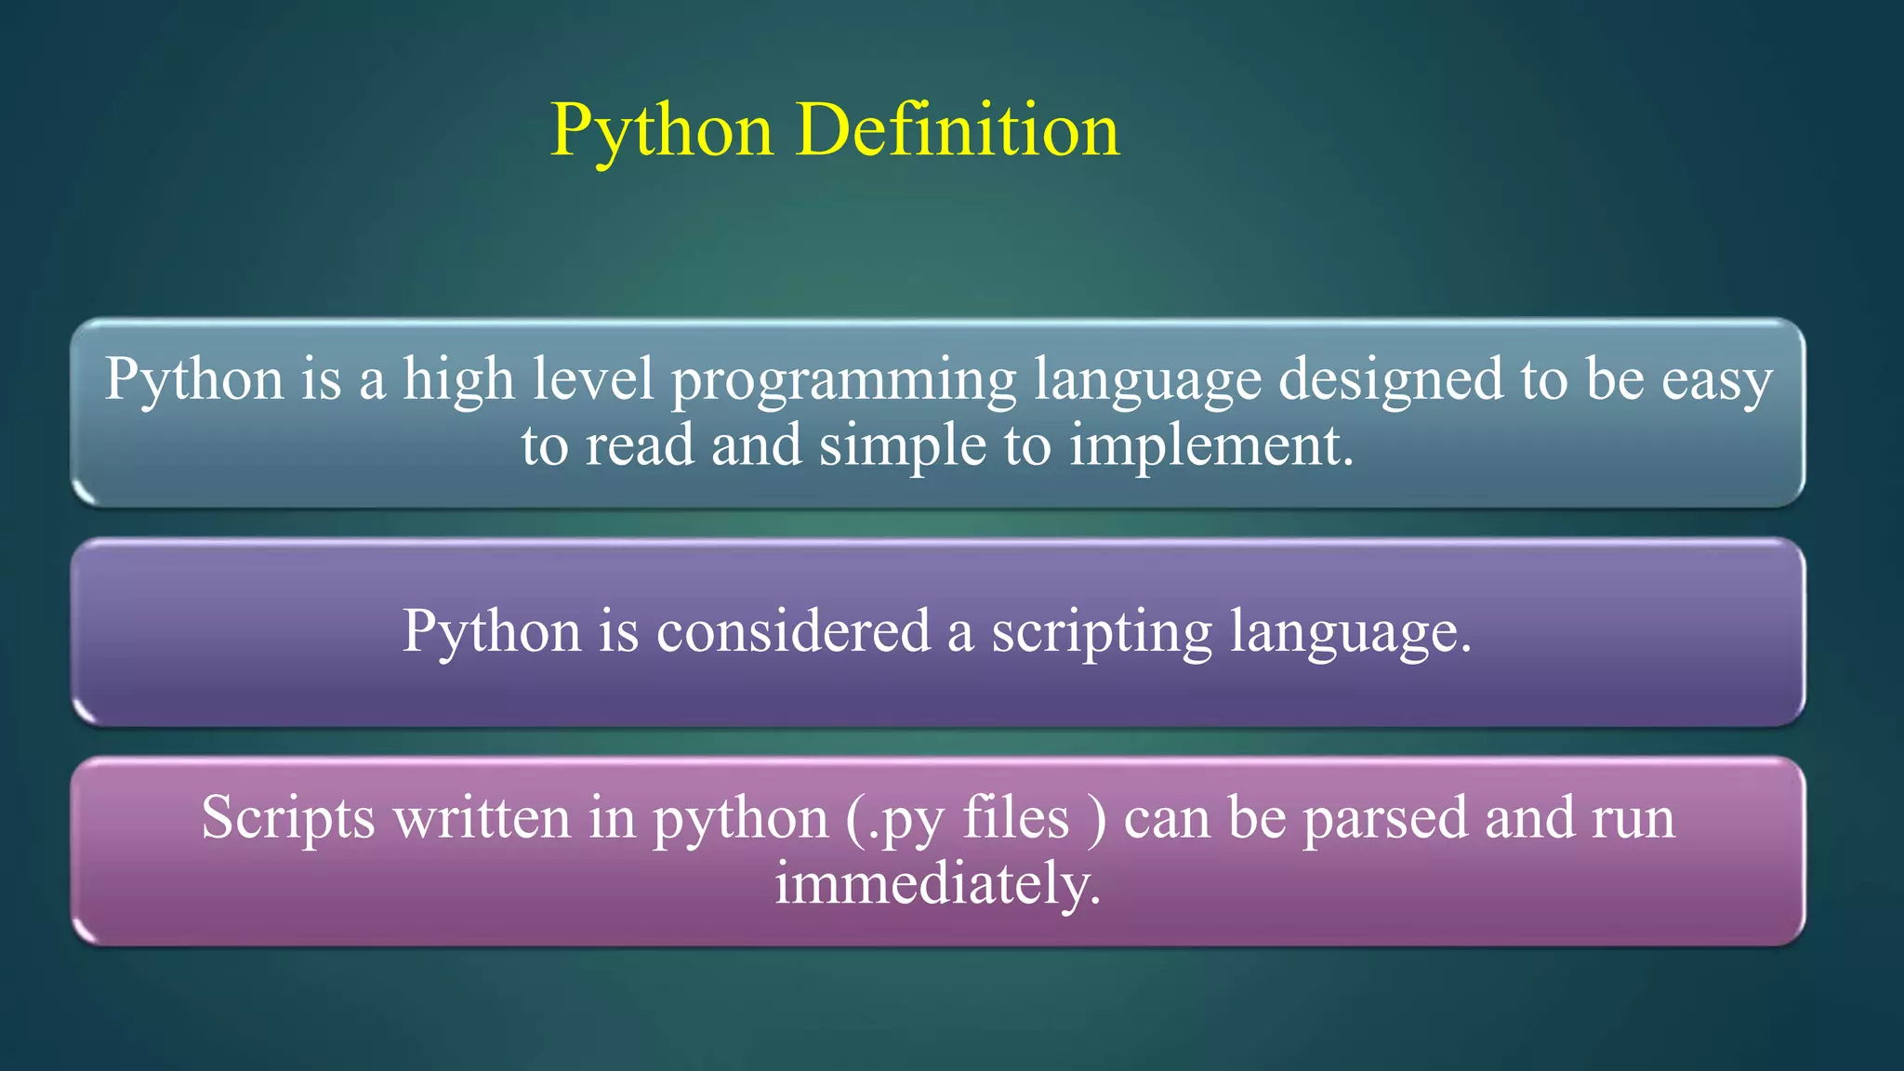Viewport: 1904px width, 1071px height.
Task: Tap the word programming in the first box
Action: point(844,381)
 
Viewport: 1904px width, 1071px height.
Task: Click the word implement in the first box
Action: point(1210,446)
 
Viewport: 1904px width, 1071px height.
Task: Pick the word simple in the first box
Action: point(902,446)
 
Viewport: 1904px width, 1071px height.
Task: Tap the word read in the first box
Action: point(640,446)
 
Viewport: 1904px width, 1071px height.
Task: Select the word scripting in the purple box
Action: point(1102,633)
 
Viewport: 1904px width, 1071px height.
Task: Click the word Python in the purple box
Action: point(492,633)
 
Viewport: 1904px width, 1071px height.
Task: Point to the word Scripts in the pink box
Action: point(288,818)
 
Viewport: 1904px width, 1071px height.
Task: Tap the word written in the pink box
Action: point(482,818)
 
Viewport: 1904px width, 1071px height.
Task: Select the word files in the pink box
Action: point(1015,818)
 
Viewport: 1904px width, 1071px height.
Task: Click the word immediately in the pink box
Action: point(937,884)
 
